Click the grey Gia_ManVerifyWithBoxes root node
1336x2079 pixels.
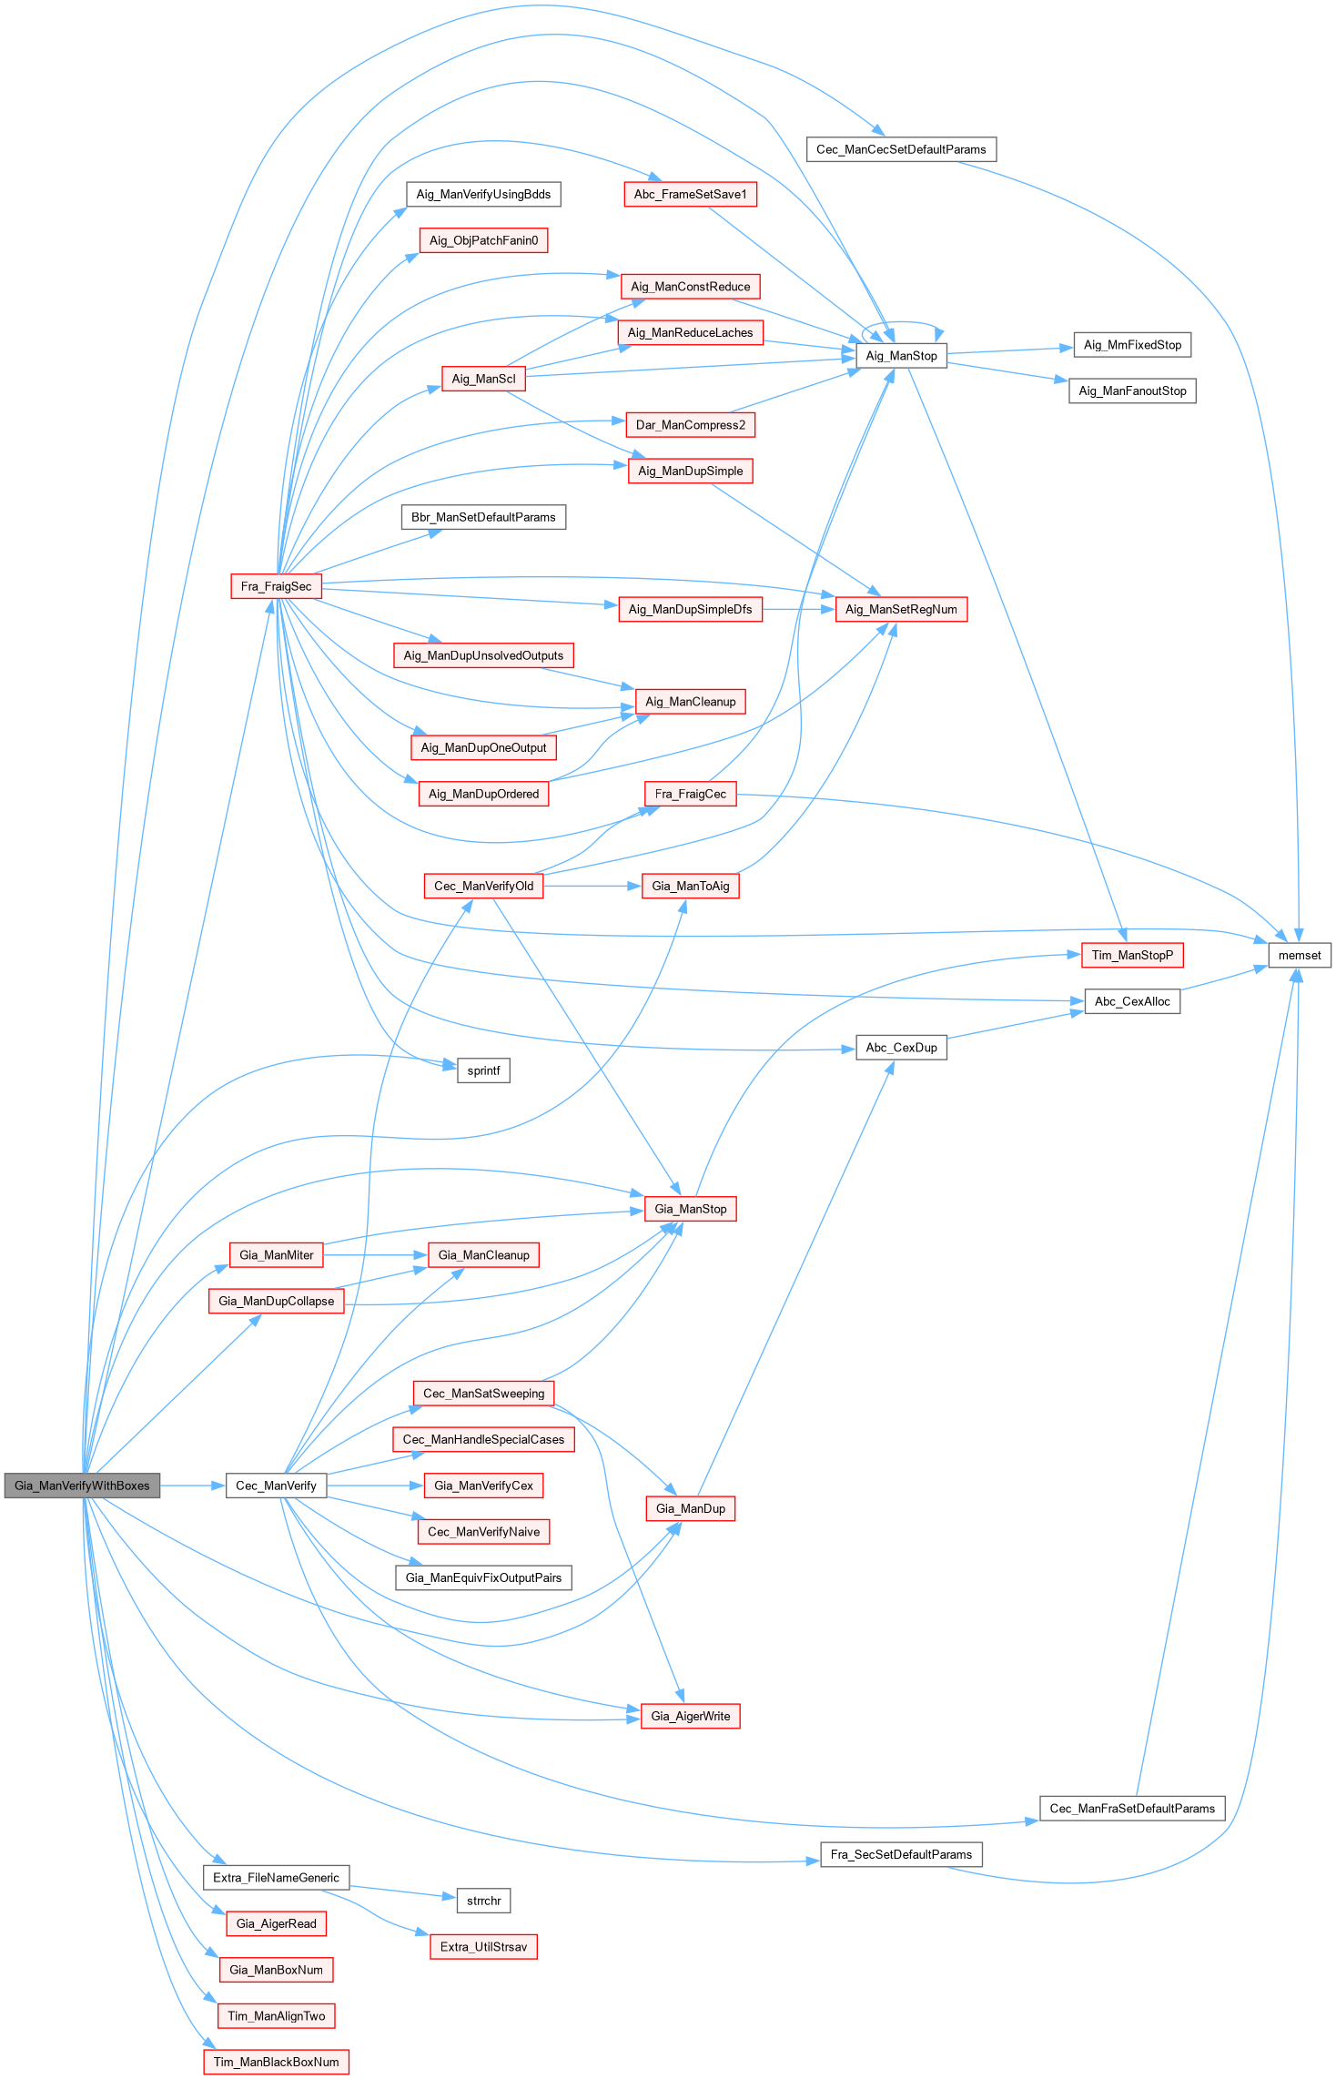coord(82,1486)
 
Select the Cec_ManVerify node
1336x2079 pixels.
coord(276,1486)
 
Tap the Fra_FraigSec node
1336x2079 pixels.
coord(276,586)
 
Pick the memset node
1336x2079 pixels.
coord(1299,955)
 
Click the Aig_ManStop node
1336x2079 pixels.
coord(901,356)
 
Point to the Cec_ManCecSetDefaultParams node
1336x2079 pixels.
coord(901,149)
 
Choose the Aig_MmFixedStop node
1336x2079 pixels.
coord(1132,345)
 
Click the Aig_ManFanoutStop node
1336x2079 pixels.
coord(1132,390)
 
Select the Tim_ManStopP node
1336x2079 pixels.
coord(1132,955)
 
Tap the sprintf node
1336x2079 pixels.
coord(483,1070)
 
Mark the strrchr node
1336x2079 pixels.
coord(483,1901)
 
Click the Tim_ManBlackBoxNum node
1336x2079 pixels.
coord(276,2062)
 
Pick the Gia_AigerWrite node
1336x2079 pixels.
coord(690,1716)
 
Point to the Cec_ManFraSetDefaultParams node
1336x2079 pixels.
coord(1132,1809)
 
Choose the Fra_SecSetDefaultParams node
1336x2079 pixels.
coord(901,1854)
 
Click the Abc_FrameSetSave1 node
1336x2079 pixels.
coord(690,194)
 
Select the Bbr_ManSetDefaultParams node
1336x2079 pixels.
coord(483,517)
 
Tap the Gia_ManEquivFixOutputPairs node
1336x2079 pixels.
coord(483,1577)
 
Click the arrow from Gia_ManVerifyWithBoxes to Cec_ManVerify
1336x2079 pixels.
coord(193,1486)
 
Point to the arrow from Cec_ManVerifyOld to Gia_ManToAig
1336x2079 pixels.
coord(592,886)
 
